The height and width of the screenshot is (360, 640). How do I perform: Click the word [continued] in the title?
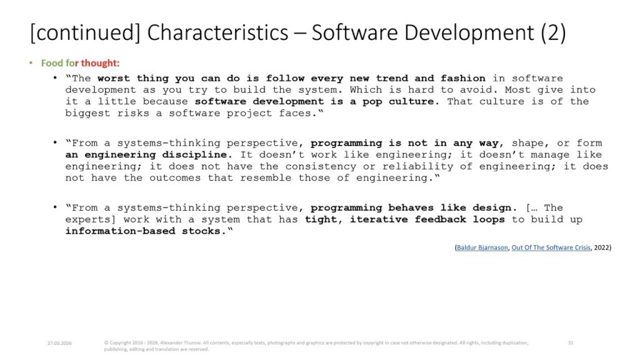[x=85, y=32]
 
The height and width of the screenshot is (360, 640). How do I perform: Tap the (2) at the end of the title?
[x=554, y=32]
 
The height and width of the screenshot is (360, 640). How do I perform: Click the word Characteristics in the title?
[x=217, y=32]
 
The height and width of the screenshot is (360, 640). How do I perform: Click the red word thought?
[x=100, y=63]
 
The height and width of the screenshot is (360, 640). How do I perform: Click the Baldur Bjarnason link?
[x=482, y=247]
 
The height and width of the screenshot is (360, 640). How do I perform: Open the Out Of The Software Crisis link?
[x=551, y=247]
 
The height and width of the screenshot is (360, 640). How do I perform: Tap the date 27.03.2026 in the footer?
[x=59, y=343]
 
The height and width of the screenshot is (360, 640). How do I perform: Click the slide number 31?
[x=571, y=343]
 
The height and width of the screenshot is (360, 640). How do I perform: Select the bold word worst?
[x=113, y=78]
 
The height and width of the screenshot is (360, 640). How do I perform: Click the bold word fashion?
[x=463, y=78]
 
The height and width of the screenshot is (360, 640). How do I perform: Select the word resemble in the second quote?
[x=266, y=178]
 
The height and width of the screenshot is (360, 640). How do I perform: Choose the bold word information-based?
[x=120, y=231]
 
